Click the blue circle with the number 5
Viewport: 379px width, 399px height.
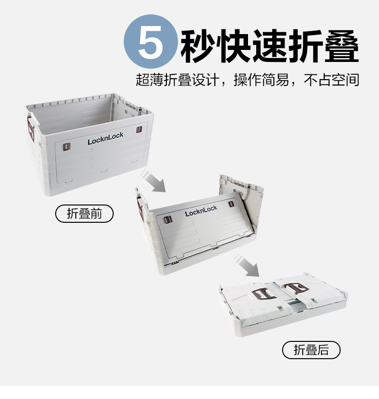(151, 42)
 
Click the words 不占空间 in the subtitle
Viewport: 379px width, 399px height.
(332, 80)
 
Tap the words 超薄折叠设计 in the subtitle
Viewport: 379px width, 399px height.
(178, 80)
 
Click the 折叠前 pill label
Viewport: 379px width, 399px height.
(84, 214)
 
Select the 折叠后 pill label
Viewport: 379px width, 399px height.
(311, 350)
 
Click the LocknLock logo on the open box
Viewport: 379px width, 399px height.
(105, 138)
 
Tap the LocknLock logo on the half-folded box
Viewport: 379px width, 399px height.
(201, 211)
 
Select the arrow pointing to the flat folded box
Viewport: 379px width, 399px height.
(247, 265)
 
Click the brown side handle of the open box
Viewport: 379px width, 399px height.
(31, 129)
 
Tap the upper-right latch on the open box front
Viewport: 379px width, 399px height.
(139, 130)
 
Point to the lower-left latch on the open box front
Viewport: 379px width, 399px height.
(67, 147)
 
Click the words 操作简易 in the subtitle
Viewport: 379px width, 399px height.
(261, 80)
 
